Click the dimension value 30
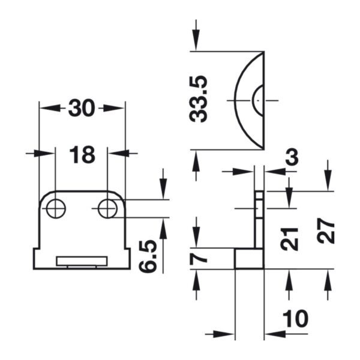[82, 108]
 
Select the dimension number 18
[82, 155]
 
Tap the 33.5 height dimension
[199, 99]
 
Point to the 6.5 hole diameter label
[148, 256]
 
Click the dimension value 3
[292, 157]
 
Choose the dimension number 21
[290, 239]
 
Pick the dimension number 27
[325, 230]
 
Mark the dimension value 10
[295, 319]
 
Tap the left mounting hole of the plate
[56, 208]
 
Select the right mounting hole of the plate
[107, 208]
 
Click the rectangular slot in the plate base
[82, 261]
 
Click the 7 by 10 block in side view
[250, 258]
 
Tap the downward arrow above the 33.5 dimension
[196, 35]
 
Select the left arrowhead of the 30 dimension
[50, 107]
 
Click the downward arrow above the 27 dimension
[328, 175]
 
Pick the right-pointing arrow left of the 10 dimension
[220, 334]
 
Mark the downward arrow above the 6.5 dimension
[163, 184]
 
